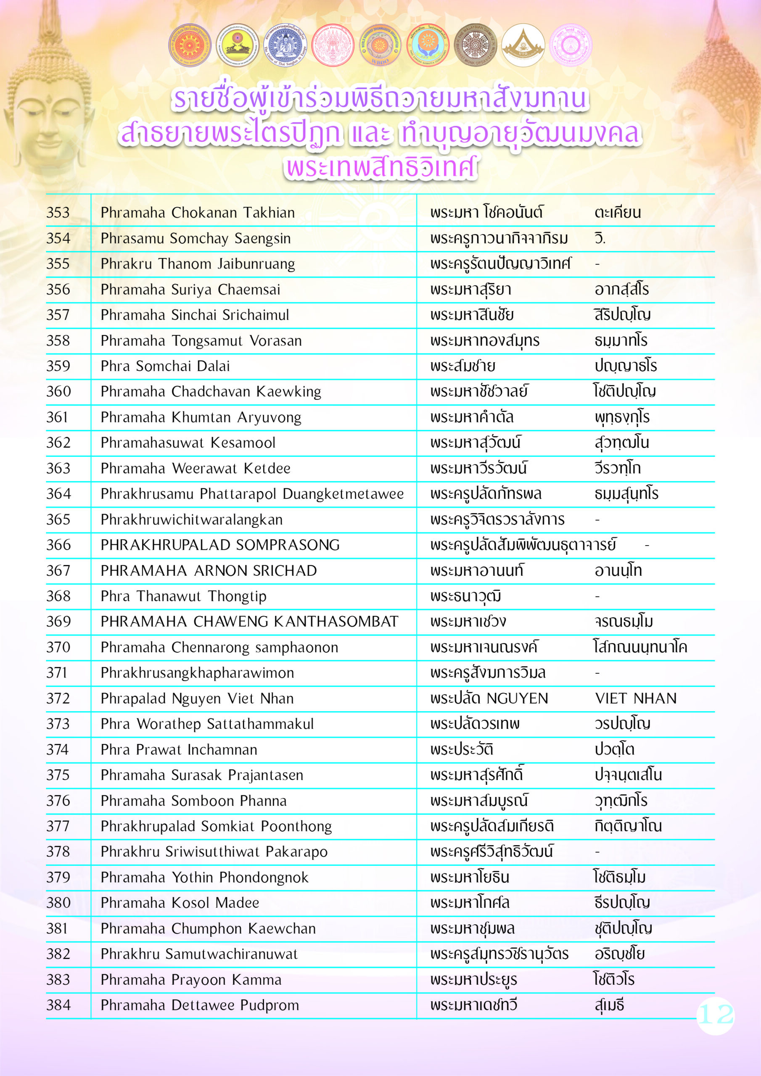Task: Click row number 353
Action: coord(58,213)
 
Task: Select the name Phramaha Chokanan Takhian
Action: coord(198,213)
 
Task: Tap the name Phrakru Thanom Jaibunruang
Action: coord(198,264)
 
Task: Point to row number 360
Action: coord(58,391)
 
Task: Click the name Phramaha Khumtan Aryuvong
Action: coord(201,417)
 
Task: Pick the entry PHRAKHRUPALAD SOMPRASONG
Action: coord(220,545)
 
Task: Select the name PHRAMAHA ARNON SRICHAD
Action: coord(209,570)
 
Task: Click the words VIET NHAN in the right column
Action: coord(635,698)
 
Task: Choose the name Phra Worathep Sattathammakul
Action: coord(207,724)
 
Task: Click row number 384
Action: coord(58,1005)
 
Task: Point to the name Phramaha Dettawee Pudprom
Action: coord(199,1005)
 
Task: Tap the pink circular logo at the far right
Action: coord(570,45)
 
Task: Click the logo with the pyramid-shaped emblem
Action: coord(523,45)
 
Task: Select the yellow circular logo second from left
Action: coord(237,45)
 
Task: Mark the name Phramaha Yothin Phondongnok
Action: coord(204,877)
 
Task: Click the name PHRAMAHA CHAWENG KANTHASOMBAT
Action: coord(249,621)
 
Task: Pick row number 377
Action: coord(58,826)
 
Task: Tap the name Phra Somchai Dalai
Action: coord(165,366)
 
